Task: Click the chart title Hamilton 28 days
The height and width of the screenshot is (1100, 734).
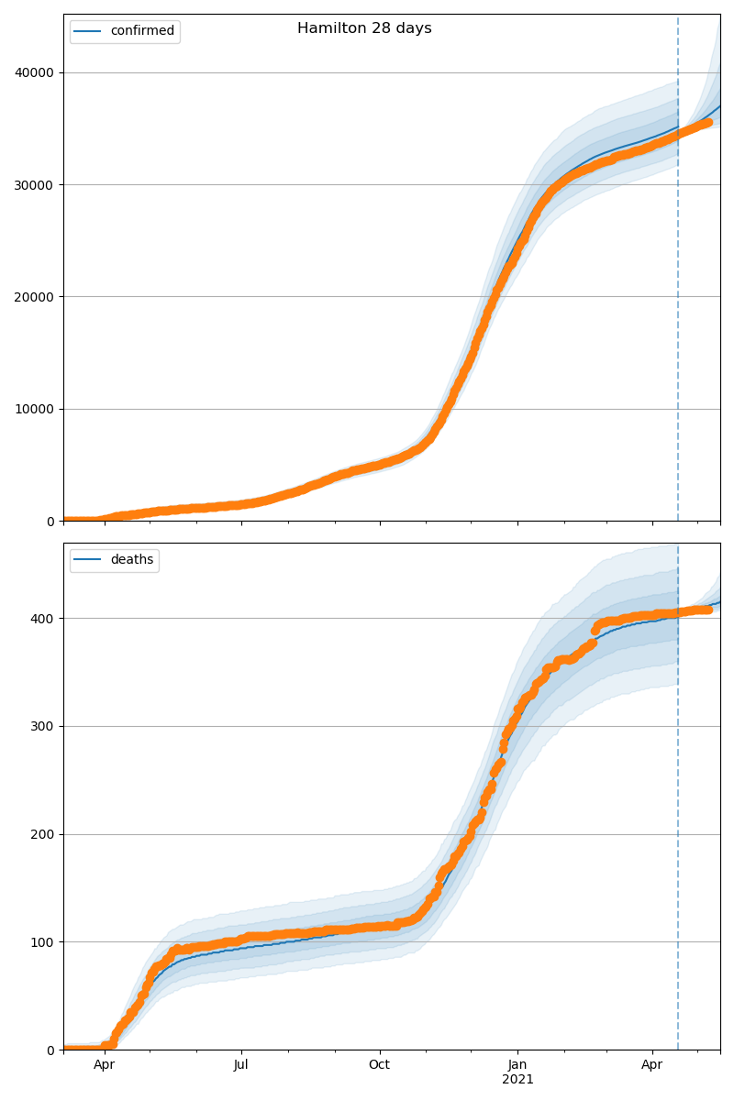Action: tap(364, 28)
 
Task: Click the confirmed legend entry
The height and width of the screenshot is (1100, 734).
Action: tap(142, 31)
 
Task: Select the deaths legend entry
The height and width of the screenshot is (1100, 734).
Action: tap(132, 560)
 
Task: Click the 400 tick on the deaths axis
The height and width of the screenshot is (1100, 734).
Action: tap(45, 619)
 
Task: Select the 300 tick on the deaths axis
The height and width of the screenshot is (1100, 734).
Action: tap(45, 726)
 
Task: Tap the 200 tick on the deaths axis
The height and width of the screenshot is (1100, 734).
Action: tap(45, 834)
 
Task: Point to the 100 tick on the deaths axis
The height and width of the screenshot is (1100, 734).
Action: tap(45, 942)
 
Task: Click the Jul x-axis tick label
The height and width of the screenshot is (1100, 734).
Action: tap(241, 1065)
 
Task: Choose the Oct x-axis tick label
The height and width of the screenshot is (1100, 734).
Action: tap(379, 1065)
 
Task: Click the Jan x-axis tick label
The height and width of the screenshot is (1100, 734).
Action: tap(517, 1065)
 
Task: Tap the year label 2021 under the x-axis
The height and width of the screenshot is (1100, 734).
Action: tap(517, 1080)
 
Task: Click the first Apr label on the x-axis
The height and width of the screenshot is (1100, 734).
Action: tap(105, 1065)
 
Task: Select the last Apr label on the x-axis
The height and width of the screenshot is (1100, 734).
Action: tap(652, 1065)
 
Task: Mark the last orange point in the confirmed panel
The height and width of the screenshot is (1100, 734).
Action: tap(707, 122)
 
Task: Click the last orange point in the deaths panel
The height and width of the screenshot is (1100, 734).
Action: tap(707, 610)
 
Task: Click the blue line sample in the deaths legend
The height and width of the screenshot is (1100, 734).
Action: tap(89, 560)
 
